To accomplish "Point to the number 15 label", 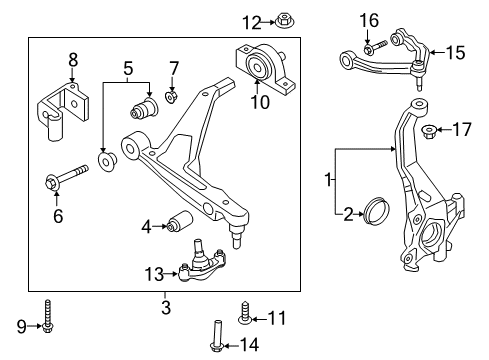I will click(x=455, y=52).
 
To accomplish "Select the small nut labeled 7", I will click(x=170, y=96).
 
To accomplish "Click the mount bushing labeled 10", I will click(x=258, y=66).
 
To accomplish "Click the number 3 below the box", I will click(x=166, y=308).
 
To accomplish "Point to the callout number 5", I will click(x=127, y=69).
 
